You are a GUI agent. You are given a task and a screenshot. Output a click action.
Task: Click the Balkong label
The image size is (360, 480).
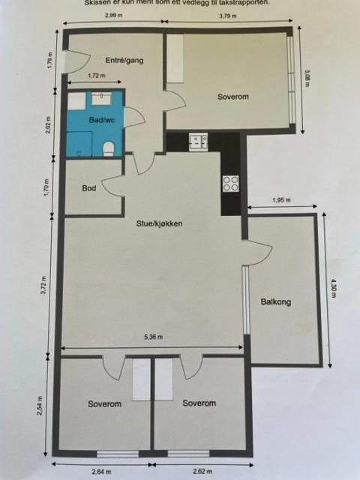pos(275,302)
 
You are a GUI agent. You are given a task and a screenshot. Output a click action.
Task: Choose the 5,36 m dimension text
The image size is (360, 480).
pos(153,337)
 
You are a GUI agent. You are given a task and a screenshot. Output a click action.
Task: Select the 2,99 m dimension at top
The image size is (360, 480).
pos(114,16)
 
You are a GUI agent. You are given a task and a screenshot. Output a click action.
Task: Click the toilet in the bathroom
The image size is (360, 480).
pos(109,147)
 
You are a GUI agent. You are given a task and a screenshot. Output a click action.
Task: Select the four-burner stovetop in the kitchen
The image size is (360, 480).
pos(230,183)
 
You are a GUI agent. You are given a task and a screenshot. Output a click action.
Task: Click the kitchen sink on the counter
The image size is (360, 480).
pos(199,139)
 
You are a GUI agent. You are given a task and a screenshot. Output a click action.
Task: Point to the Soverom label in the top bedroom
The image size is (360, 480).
pos(232,97)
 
